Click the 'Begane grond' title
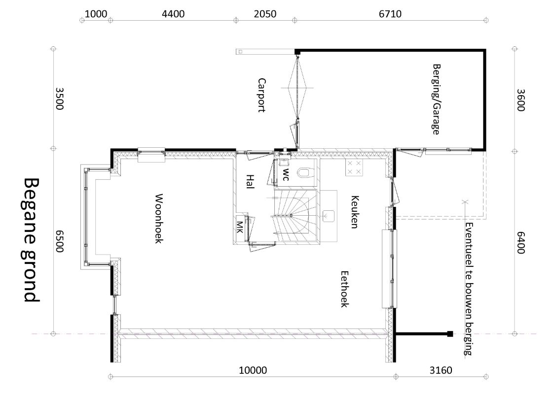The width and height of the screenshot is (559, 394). click(x=32, y=240)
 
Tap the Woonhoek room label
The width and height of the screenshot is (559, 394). click(x=159, y=219)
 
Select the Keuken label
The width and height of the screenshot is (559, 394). click(x=354, y=212)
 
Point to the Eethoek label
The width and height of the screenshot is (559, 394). click(x=344, y=289)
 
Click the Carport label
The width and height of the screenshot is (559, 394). click(x=261, y=95)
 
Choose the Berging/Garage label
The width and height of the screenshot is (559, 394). click(x=436, y=99)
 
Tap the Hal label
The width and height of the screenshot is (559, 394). click(x=250, y=182)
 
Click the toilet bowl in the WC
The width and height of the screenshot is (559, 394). click(x=304, y=172)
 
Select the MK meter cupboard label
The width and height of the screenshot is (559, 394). click(x=240, y=227)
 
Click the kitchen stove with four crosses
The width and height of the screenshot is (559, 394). click(x=354, y=167)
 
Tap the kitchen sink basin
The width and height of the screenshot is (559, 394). click(x=328, y=216)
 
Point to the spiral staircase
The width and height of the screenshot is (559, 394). click(x=296, y=216)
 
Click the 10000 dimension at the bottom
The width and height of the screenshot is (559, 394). click(x=253, y=370)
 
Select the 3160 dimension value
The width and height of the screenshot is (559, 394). click(x=441, y=370)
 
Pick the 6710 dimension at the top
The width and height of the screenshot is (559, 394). click(x=390, y=14)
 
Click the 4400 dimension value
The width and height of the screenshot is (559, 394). click(x=173, y=14)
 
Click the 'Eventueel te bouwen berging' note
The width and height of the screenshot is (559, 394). click(x=470, y=289)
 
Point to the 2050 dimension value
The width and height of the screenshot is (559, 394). click(x=265, y=14)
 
